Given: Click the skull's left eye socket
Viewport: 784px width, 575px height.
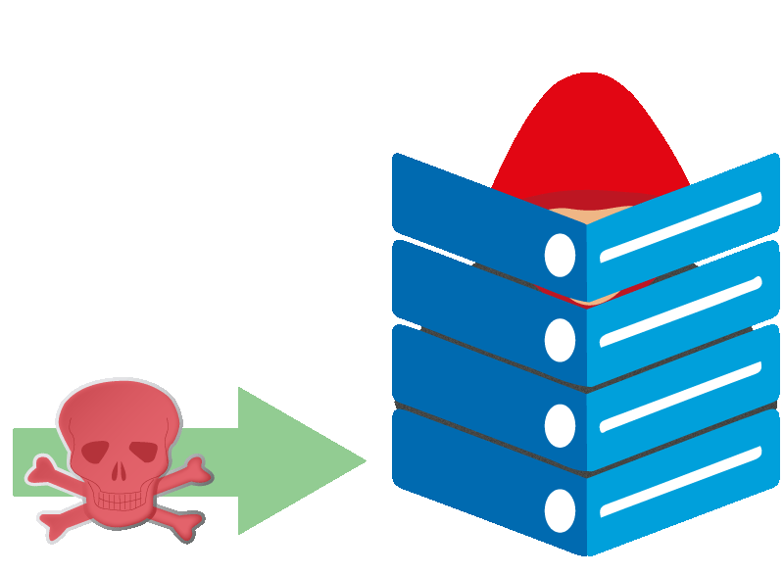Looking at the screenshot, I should [x=95, y=452].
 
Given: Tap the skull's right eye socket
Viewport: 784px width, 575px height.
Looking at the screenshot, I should [x=143, y=452].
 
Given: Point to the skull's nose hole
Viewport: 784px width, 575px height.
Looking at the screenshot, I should [x=119, y=471].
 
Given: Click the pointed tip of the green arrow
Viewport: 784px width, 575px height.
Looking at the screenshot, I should [x=364, y=460].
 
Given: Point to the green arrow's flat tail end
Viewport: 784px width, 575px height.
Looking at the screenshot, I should [x=16, y=461].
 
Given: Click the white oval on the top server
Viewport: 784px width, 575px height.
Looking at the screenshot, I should [x=560, y=255].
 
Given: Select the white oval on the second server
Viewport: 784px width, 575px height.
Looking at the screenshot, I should [x=560, y=340].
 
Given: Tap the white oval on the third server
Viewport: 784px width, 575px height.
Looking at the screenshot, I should [x=560, y=425].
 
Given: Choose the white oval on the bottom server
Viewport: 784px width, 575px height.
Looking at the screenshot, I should [x=560, y=510].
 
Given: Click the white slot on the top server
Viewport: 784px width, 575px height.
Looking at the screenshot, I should [x=680, y=227].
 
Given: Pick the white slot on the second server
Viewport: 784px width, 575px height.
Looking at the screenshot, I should [x=680, y=311].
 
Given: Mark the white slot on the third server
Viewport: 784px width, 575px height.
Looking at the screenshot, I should [x=680, y=397].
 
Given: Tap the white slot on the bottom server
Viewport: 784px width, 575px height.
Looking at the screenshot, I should [x=680, y=482].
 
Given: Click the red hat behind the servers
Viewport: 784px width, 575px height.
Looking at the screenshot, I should [x=588, y=127].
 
